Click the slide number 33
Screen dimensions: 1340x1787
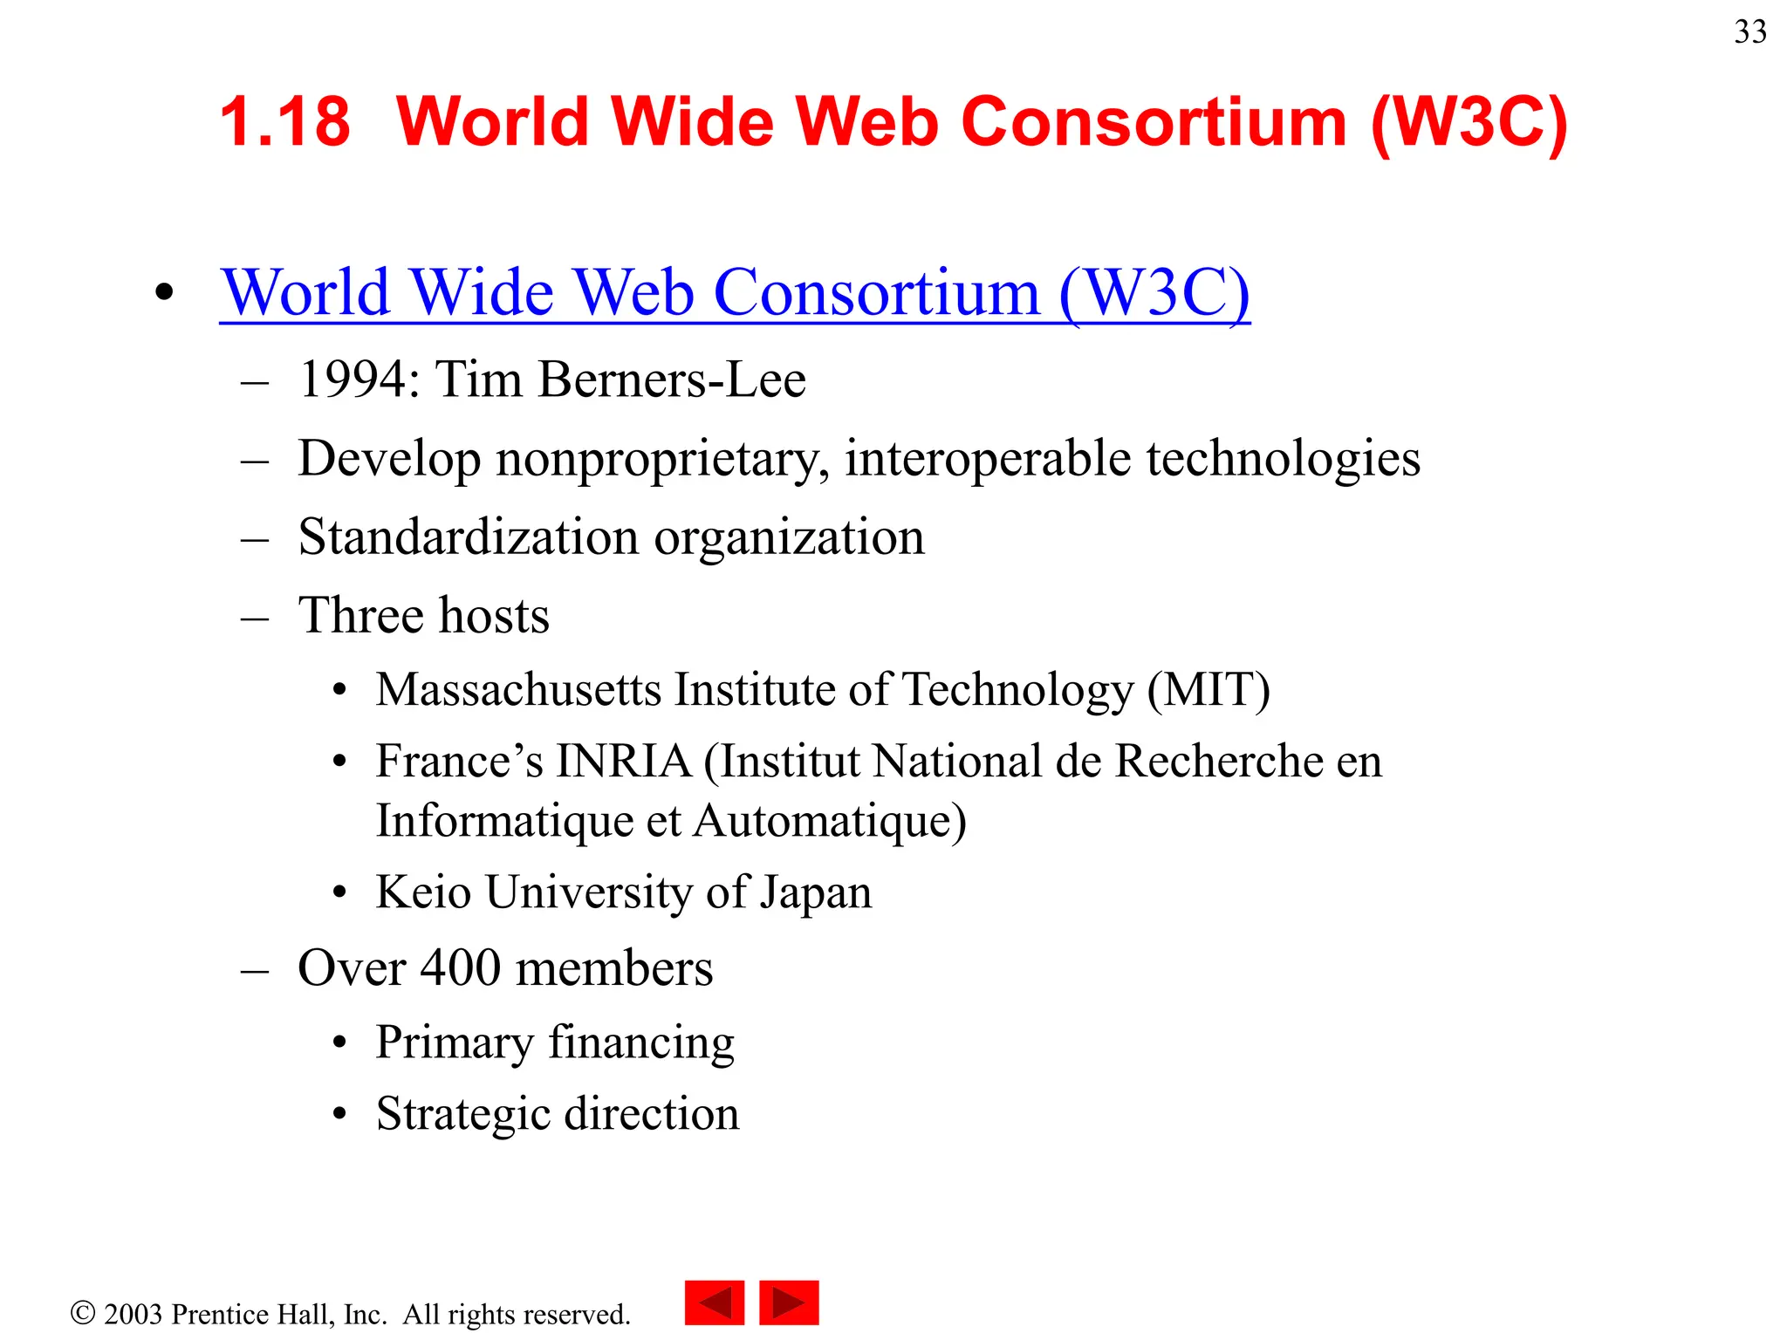[x=1749, y=32]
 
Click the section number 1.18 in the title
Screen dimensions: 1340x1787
[x=284, y=121]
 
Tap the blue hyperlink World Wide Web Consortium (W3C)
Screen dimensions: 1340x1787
[x=735, y=292]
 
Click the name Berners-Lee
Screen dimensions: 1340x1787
[x=672, y=380]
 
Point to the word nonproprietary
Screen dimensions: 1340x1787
[x=662, y=460]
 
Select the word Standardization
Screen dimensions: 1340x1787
[x=468, y=537]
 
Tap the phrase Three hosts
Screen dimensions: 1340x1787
[x=423, y=616]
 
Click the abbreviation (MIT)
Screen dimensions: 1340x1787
[x=1208, y=690]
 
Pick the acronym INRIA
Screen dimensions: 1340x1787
[x=624, y=762]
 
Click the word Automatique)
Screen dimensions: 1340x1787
[x=830, y=822]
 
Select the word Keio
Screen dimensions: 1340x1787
[x=423, y=892]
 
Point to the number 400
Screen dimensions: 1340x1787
[x=460, y=968]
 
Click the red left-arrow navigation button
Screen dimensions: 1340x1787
[x=714, y=1302]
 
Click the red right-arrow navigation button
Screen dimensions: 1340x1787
[x=789, y=1302]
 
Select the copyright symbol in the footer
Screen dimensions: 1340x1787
[x=83, y=1313]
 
